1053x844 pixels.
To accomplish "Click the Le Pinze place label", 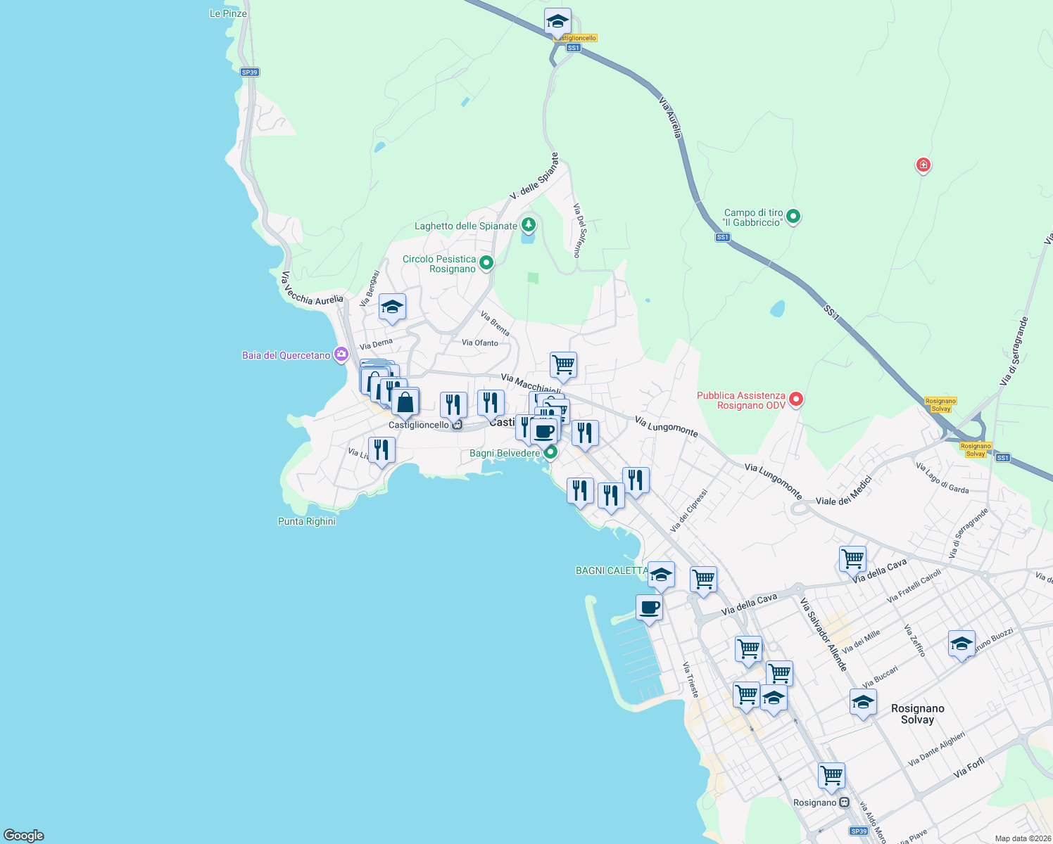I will pyautogui.click(x=228, y=13).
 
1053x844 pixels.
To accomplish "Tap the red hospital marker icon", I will pyautogui.click(x=923, y=165).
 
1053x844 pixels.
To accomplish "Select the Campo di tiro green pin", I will pyautogui.click(x=793, y=217).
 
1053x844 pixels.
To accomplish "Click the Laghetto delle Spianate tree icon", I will pyautogui.click(x=528, y=225).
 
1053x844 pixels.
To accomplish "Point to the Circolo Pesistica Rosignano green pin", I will pyautogui.click(x=486, y=264).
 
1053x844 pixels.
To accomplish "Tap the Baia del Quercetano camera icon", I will pyautogui.click(x=341, y=354).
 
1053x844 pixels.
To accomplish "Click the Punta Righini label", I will pyautogui.click(x=307, y=521).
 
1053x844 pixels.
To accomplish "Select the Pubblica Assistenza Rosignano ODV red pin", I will pyautogui.click(x=796, y=399).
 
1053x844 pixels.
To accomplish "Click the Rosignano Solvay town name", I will pyautogui.click(x=917, y=714).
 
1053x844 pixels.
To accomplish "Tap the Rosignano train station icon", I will pyautogui.click(x=845, y=803).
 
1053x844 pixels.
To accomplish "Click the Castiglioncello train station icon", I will pyautogui.click(x=458, y=425).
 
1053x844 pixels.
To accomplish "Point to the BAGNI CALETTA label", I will pyautogui.click(x=611, y=570).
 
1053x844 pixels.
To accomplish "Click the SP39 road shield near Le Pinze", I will pyautogui.click(x=249, y=72).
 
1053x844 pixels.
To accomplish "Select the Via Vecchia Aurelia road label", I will pyautogui.click(x=312, y=290).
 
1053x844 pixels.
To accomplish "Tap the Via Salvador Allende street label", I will pyautogui.click(x=824, y=634).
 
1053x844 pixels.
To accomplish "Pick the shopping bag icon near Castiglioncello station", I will pyautogui.click(x=405, y=402).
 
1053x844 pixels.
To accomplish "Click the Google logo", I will pyautogui.click(x=24, y=835).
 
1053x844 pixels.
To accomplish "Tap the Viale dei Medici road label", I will pyautogui.click(x=844, y=491).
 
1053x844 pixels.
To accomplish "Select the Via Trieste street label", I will pyautogui.click(x=691, y=679).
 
